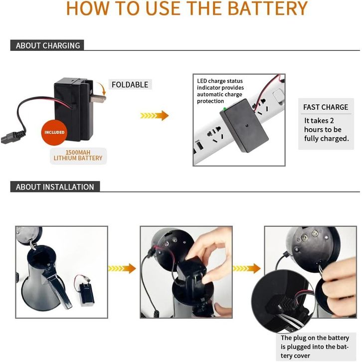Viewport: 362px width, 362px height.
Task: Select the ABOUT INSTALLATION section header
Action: (x=55, y=186)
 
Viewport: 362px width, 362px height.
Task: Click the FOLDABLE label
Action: (x=130, y=85)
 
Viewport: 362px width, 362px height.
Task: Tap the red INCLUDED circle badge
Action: (x=54, y=132)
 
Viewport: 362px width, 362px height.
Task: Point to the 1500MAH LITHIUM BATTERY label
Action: (x=78, y=156)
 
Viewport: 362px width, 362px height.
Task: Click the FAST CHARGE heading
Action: (x=326, y=107)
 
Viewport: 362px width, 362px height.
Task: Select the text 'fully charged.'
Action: (x=327, y=139)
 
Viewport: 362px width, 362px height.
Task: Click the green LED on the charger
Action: (x=225, y=109)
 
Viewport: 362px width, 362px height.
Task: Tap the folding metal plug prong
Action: (x=98, y=99)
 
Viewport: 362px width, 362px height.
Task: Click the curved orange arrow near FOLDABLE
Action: (x=102, y=88)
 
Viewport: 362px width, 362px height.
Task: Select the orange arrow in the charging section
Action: (x=155, y=116)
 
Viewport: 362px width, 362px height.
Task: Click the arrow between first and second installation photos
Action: (x=122, y=268)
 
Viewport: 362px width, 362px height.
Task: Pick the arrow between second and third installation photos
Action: (x=247, y=268)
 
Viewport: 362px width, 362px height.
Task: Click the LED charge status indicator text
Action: (x=220, y=91)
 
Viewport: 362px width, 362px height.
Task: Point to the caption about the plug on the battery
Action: (x=315, y=347)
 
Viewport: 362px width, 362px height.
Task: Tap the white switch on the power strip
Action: (x=278, y=95)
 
